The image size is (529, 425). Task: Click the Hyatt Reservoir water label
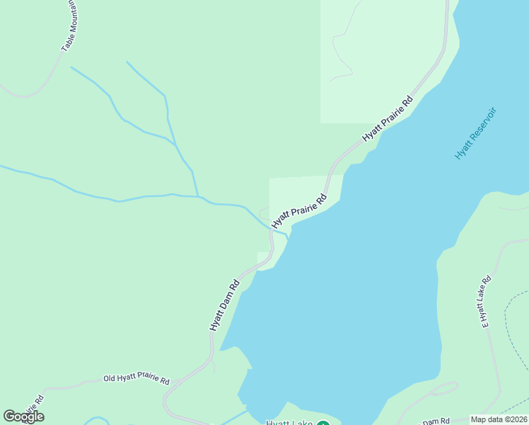click(x=476, y=133)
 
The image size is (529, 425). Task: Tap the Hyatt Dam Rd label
click(x=225, y=305)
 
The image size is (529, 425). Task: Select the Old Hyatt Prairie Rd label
click(x=136, y=380)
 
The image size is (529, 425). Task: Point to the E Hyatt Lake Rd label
click(x=485, y=301)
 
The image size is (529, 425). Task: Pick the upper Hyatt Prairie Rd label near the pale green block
click(x=388, y=118)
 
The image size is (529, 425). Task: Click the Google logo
click(x=23, y=416)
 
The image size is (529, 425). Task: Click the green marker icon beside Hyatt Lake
click(x=323, y=422)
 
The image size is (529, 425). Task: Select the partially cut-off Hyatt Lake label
click(x=289, y=422)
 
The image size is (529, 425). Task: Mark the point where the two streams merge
click(x=197, y=195)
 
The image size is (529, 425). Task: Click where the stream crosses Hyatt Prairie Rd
click(x=272, y=228)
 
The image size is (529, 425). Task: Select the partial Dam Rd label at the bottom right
click(x=436, y=421)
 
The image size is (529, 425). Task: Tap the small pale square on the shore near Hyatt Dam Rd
click(x=263, y=256)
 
